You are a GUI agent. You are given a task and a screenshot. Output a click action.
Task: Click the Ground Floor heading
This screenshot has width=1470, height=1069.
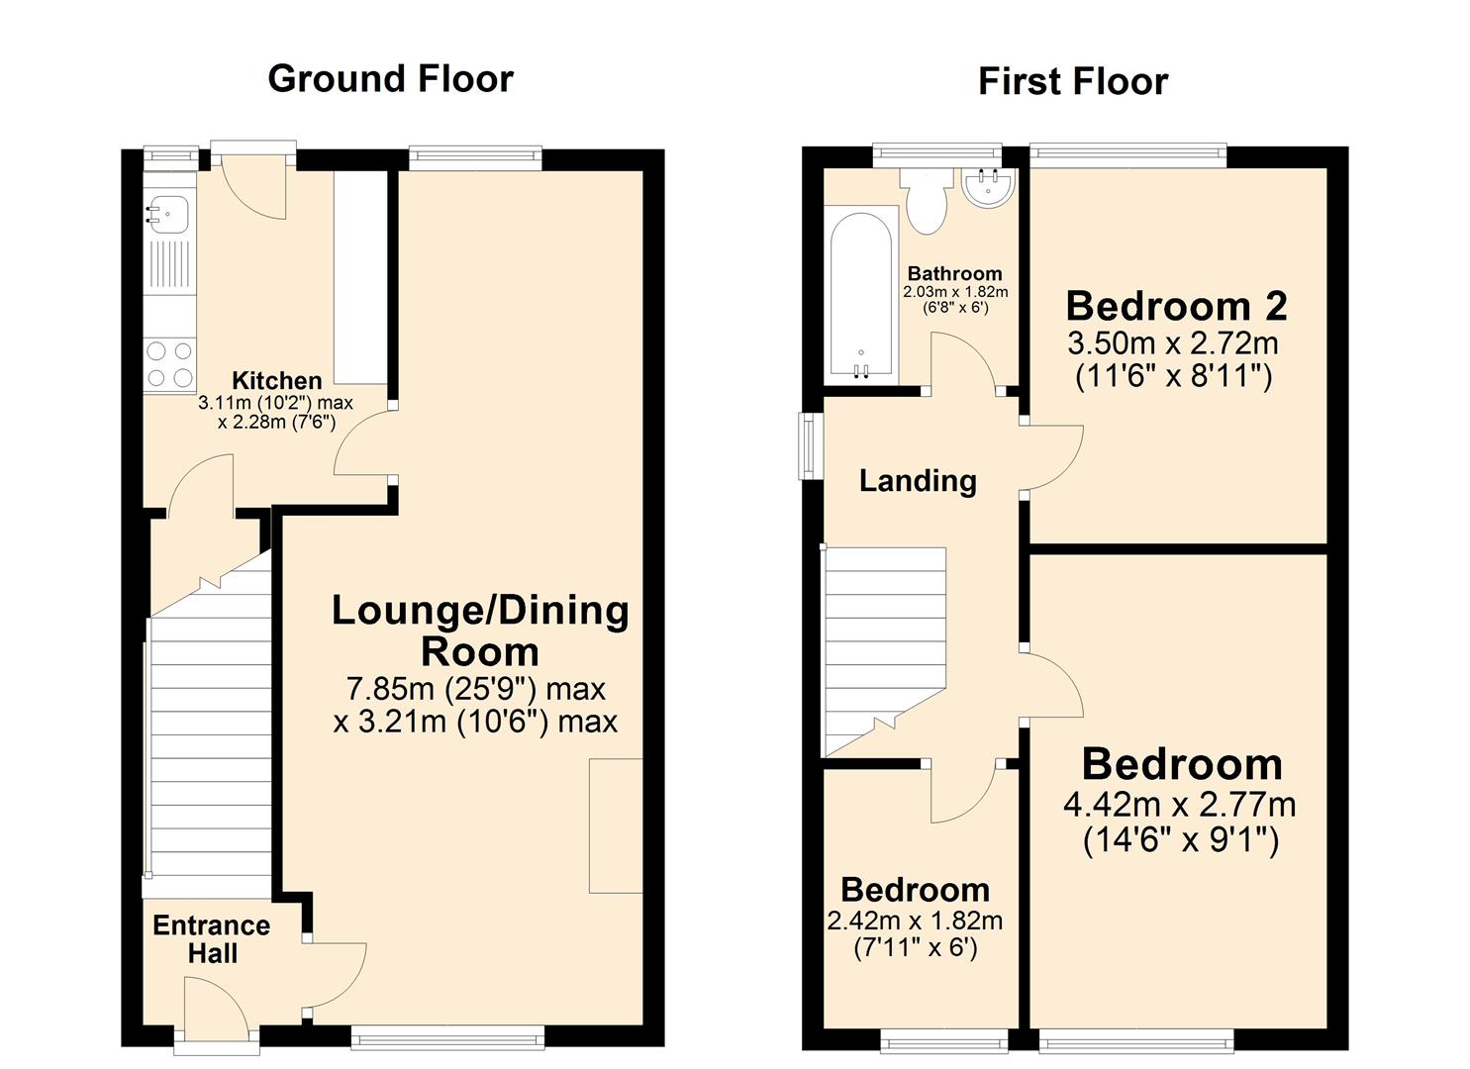(x=390, y=79)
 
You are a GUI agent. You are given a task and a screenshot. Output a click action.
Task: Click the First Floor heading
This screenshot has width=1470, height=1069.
(x=1072, y=81)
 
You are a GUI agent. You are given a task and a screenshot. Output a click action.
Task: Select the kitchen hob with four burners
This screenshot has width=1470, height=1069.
(x=169, y=363)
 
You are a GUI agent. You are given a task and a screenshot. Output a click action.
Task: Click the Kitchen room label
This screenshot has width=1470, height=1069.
(x=276, y=380)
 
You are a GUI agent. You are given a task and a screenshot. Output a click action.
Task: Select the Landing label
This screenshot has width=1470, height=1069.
(x=918, y=481)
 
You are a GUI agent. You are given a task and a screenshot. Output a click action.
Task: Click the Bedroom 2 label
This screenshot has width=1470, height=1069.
(x=1176, y=306)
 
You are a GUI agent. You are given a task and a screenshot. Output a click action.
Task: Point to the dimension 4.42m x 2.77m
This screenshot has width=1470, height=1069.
(x=1179, y=805)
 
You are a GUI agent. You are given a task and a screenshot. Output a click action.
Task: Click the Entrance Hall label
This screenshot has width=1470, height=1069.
(x=212, y=939)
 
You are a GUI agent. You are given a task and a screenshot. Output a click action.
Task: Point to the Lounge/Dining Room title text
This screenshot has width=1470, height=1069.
(x=480, y=631)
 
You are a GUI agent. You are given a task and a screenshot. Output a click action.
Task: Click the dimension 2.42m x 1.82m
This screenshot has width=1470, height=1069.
(x=915, y=921)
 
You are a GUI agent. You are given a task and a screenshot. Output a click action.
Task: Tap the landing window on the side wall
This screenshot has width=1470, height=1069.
(x=811, y=446)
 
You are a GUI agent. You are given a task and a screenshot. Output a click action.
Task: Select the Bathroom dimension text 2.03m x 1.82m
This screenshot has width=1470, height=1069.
(x=955, y=292)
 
